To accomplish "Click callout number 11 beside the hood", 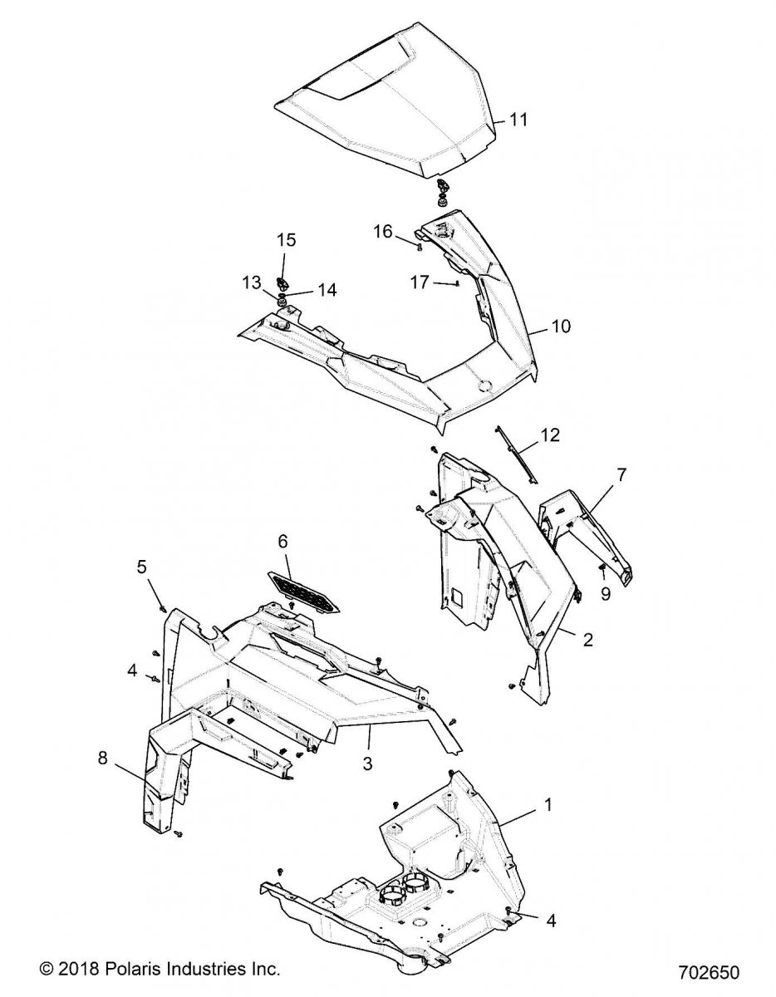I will [x=518, y=120].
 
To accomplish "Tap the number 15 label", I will [x=286, y=240].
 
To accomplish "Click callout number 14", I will [x=327, y=291].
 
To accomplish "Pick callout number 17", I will [x=420, y=282].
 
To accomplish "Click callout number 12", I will [x=550, y=435].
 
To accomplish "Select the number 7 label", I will [x=621, y=475].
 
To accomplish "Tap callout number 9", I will [x=605, y=594].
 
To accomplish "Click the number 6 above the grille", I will [x=282, y=541].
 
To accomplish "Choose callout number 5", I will [x=141, y=567].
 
